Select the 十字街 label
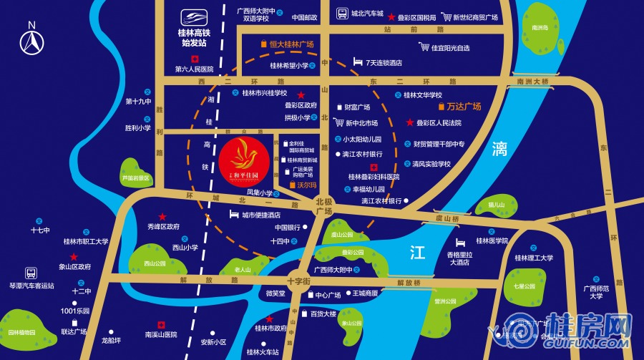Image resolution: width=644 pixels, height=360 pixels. [x=298, y=281]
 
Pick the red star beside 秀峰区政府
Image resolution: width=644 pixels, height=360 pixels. [x=162, y=216]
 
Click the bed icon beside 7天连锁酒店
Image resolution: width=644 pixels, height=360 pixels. [x=357, y=62]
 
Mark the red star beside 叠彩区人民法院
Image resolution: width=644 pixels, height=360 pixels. [x=410, y=122]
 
